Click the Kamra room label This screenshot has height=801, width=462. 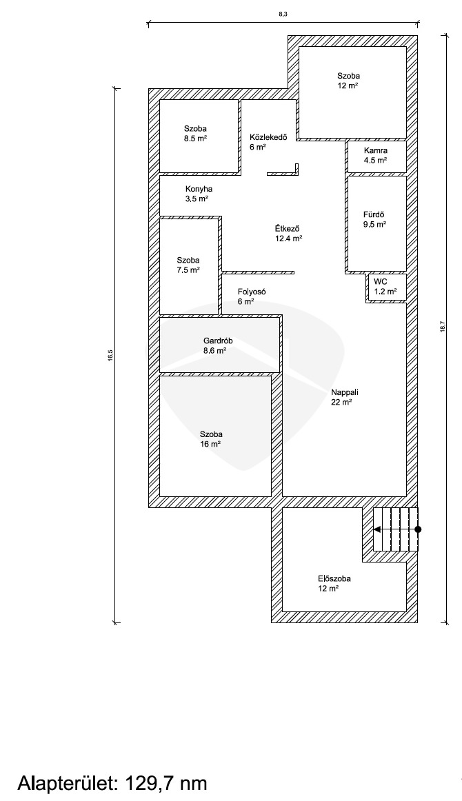tap(375, 151)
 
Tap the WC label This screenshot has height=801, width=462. tap(380, 281)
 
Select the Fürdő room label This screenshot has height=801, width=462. tap(374, 215)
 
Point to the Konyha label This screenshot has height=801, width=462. tap(199, 189)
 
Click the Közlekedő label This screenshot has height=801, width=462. tap(268, 137)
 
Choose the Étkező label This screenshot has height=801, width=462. tap(287, 228)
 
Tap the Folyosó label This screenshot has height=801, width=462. tap(252, 292)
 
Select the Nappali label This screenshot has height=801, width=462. tap(345, 392)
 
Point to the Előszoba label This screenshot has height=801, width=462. tap(334, 579)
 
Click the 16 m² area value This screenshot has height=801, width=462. tap(210, 445)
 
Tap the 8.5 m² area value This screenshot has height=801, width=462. tap(195, 138)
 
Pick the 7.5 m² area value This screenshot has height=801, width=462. tap(188, 270)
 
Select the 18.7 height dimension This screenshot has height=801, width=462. tap(443, 327)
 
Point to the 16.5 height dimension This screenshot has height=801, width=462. tap(110, 356)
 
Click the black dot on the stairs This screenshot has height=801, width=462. tap(418, 529)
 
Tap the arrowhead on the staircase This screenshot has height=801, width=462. tap(376, 529)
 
